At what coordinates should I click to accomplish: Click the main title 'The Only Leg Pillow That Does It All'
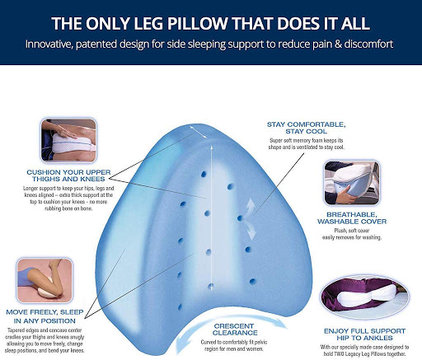pos(210,23)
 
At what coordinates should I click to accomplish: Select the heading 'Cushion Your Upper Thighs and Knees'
pos(68,175)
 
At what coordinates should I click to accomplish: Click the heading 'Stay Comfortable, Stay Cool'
pos(307,128)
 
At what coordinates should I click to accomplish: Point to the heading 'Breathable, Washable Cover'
pos(352,218)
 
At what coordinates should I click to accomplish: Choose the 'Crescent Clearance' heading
pos(234,330)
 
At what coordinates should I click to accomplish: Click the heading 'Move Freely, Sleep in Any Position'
pos(45,316)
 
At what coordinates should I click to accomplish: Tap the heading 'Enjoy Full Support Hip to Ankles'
pos(364,334)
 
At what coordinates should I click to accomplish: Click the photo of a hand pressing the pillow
pos(68,140)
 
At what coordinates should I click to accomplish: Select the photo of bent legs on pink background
pos(45,280)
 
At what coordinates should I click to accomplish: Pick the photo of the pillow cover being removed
pos(352,182)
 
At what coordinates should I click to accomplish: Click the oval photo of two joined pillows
pos(365,297)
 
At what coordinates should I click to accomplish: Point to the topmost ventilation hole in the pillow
pos(204,174)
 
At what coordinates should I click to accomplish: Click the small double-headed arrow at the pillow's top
pos(198,132)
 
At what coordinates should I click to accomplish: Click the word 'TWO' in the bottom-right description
pos(336,354)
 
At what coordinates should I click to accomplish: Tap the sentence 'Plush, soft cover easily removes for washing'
pos(352,234)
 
